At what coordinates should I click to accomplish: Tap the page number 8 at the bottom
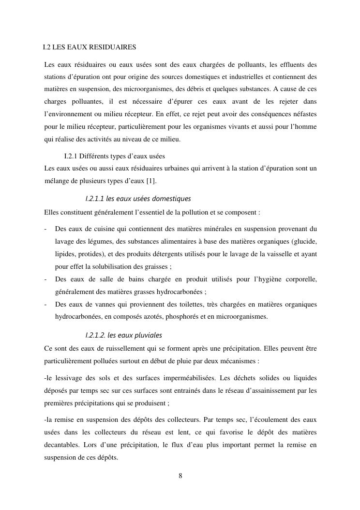coord(180,476)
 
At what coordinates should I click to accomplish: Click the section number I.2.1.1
coord(95,199)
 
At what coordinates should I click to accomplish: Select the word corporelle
coord(300,279)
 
